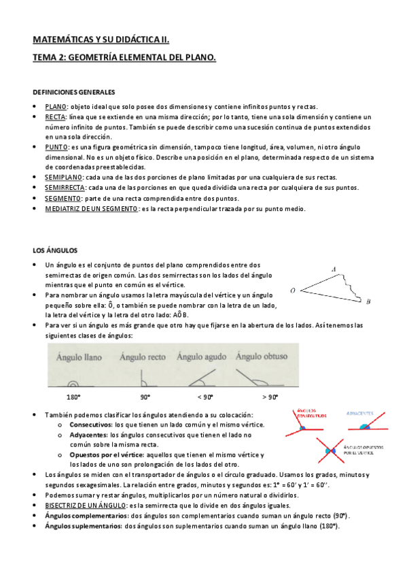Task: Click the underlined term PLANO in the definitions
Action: pos(56,108)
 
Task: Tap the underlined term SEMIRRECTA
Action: pos(65,187)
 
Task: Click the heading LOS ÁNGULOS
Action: pos(56,250)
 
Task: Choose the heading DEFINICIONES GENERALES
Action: pos(74,92)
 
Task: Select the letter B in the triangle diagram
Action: pos(368,301)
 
